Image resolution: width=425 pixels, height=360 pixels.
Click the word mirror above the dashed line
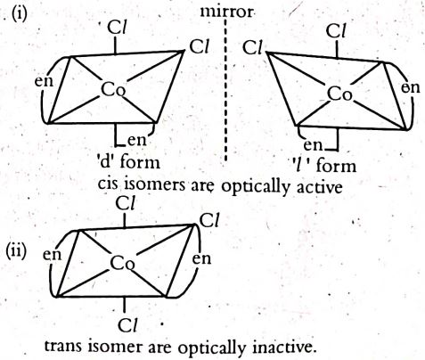(x=227, y=12)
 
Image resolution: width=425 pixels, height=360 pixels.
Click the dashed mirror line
(x=225, y=89)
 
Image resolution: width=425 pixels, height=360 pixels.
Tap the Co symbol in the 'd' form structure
(x=113, y=89)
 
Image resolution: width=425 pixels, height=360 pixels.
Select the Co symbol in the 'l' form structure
(x=339, y=94)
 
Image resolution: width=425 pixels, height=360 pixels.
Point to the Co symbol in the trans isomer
(x=122, y=263)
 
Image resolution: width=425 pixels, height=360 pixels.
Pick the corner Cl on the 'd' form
(x=199, y=46)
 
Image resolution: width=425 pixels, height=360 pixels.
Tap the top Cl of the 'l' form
(x=336, y=31)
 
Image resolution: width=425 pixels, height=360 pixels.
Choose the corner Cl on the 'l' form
(x=253, y=48)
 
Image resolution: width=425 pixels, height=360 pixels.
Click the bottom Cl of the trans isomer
(x=127, y=325)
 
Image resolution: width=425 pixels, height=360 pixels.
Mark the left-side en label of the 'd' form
(x=45, y=81)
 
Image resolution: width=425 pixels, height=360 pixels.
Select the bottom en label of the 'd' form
(x=137, y=140)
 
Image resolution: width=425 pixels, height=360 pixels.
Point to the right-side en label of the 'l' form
(x=411, y=88)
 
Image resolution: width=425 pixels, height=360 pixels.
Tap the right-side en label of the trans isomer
(x=201, y=258)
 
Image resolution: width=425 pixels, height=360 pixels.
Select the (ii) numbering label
(x=17, y=251)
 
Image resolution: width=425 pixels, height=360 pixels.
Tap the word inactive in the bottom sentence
(x=284, y=347)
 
